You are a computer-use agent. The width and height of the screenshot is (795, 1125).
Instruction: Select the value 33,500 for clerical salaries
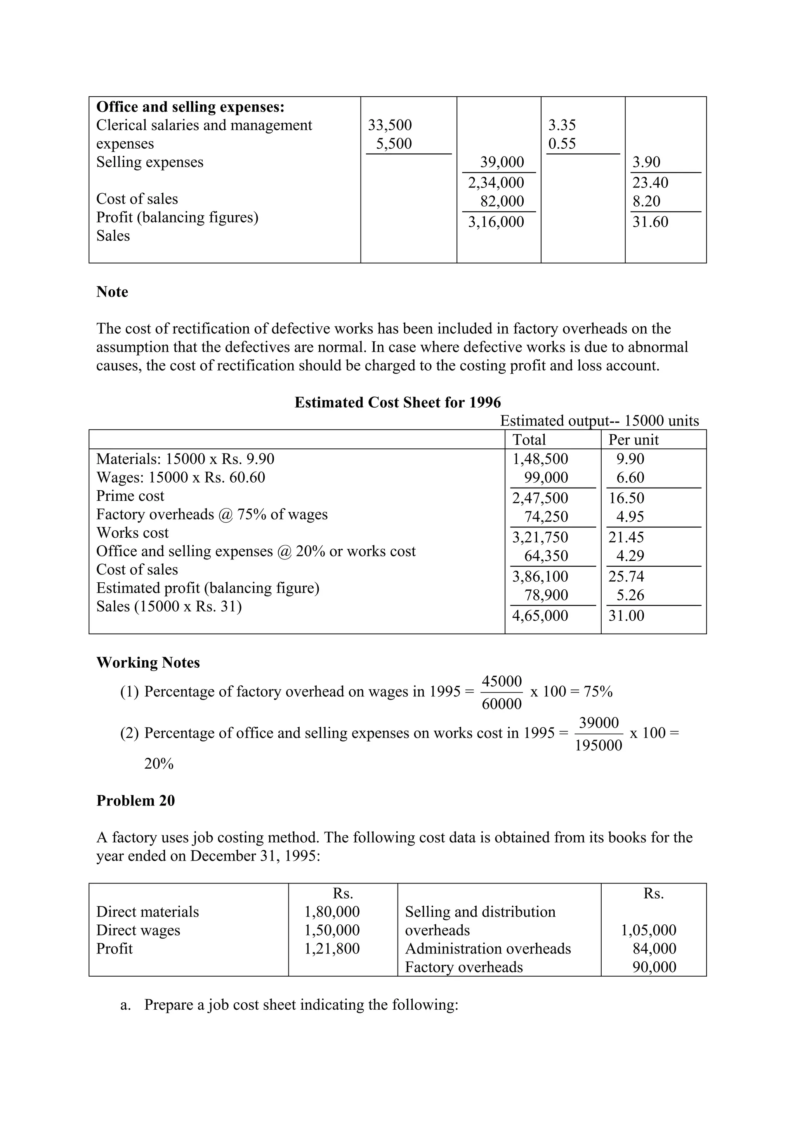point(389,125)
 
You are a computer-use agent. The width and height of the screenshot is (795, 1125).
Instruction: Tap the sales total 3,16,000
point(496,222)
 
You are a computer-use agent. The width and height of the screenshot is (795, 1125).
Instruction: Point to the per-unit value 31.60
point(650,222)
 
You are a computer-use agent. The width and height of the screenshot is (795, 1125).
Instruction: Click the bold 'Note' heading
point(112,292)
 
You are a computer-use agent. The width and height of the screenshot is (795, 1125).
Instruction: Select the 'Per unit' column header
point(634,440)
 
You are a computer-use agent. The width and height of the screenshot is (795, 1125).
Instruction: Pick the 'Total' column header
point(529,440)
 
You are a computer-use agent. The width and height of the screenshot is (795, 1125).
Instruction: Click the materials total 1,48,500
point(540,459)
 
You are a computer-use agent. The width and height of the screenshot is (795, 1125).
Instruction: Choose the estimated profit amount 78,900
point(546,595)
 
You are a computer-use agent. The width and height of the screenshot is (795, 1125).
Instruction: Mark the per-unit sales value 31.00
point(626,616)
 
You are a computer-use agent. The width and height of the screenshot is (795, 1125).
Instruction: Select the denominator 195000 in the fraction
point(598,746)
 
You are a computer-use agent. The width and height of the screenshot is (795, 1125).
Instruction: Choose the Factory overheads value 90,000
point(654,967)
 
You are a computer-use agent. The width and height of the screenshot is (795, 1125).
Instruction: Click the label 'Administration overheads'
point(488,949)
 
